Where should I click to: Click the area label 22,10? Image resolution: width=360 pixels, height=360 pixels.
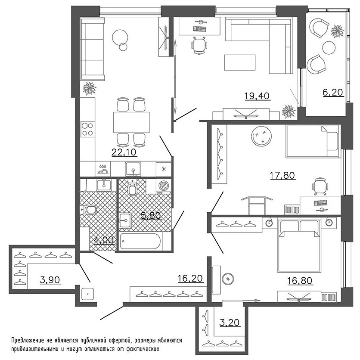pyautogui.click(x=121, y=152)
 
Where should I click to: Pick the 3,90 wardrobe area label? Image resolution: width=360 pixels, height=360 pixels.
pyautogui.click(x=50, y=280)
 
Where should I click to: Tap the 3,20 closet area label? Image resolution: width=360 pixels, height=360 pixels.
pyautogui.click(x=230, y=322)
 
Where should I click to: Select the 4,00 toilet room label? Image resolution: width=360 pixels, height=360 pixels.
pyautogui.click(x=105, y=240)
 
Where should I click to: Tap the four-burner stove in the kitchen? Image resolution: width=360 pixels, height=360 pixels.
pyautogui.click(x=88, y=129)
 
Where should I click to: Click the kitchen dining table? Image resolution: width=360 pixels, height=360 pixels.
pyautogui.click(x=131, y=122)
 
